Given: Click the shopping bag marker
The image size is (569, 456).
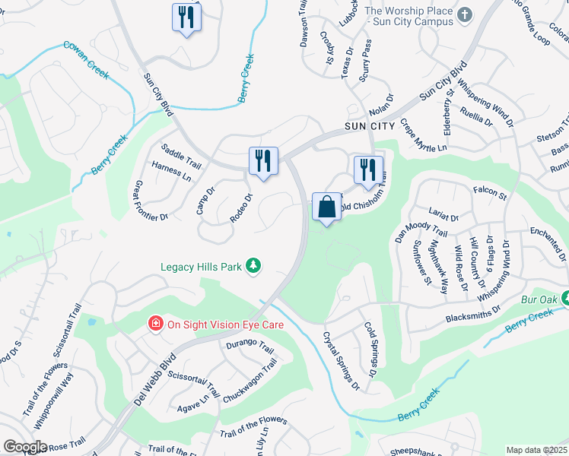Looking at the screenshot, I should pos(327,207).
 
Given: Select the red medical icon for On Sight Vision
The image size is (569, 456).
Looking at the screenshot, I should pos(155,324).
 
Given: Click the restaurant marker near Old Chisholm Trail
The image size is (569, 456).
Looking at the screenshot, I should pos(368,169).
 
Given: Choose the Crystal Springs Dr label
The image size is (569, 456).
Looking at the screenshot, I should pos(341,361).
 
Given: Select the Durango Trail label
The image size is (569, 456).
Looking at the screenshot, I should pos(249,350).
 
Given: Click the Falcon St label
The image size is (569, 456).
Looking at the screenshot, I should pos(489,194).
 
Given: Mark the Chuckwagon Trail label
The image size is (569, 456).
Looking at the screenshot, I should pos(248,382).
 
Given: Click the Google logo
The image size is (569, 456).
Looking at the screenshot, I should pos(24,447).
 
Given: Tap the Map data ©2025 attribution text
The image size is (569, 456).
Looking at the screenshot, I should pos(536,450).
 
